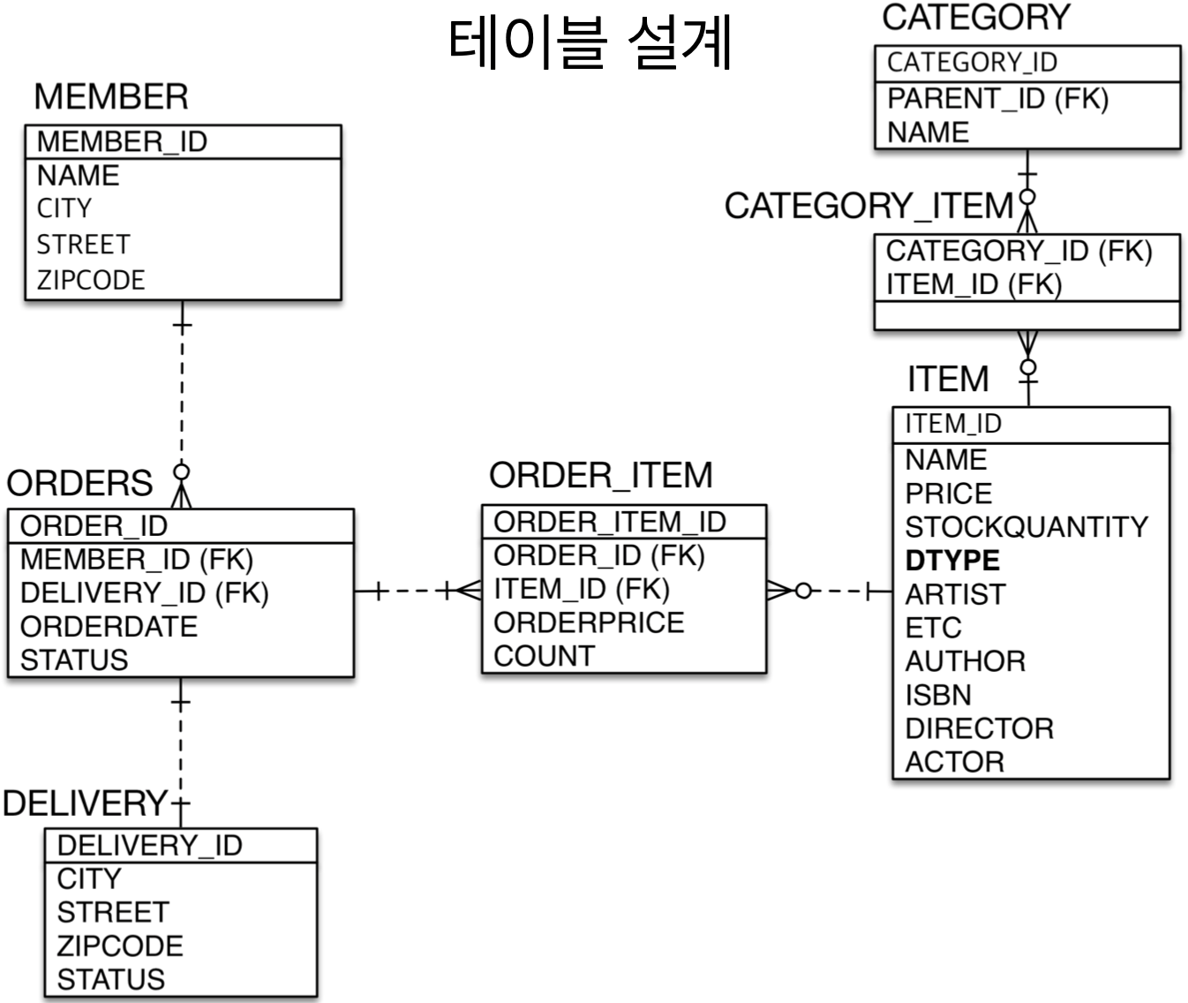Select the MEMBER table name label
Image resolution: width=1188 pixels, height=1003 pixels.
coord(111,97)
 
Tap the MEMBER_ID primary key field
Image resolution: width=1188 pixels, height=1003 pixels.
coord(122,141)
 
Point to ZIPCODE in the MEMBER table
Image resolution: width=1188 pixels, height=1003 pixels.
coord(91,280)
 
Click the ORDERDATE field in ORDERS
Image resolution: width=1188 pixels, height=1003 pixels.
coord(109,626)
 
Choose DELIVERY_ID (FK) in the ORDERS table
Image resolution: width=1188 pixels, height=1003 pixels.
coord(144,592)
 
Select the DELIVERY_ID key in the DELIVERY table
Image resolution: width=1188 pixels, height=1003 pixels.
coord(149,845)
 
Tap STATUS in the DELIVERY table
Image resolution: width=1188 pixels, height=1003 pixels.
coord(111,979)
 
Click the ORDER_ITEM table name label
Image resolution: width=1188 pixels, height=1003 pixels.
coord(600,476)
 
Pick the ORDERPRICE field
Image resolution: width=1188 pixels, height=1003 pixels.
coord(589,622)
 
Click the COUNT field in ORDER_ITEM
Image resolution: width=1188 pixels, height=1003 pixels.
coord(545,656)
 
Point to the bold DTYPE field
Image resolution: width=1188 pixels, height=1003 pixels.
coord(952,561)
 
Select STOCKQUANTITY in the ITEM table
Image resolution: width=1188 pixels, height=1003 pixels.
coord(1026,527)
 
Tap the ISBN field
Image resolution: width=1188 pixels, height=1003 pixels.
coord(938,695)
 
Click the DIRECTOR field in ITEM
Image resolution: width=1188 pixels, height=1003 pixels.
coord(979,728)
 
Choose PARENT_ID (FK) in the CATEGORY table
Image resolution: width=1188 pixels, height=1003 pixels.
coord(997,98)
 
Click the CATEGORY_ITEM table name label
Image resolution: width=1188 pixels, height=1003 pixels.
coord(869,207)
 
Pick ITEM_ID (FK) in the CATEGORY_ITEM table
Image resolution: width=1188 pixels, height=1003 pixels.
coord(974,284)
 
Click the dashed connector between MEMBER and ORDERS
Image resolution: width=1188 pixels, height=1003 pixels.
coord(181,397)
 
